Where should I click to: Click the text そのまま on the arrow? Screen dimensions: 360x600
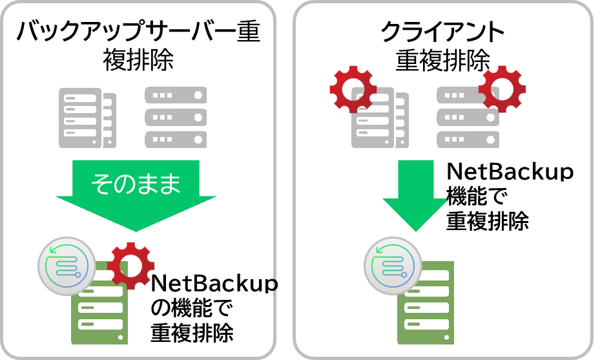(136, 184)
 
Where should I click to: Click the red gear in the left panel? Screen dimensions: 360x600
(131, 266)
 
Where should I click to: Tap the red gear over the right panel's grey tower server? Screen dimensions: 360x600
(353, 89)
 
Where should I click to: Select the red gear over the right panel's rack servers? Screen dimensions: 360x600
(502, 89)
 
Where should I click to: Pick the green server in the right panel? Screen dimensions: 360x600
(426, 304)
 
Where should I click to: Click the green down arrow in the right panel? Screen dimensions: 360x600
(415, 194)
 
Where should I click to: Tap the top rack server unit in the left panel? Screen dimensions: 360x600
(176, 95)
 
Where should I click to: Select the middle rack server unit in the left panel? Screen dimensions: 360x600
(176, 117)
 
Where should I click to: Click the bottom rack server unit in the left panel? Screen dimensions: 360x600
(176, 139)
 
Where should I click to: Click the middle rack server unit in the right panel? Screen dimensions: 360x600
(468, 117)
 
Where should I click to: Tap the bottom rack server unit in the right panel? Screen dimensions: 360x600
(468, 139)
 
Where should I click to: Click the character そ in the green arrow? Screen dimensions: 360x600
(102, 184)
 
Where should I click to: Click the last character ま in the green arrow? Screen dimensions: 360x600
(169, 184)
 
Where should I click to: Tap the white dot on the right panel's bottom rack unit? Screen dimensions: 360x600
(491, 139)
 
